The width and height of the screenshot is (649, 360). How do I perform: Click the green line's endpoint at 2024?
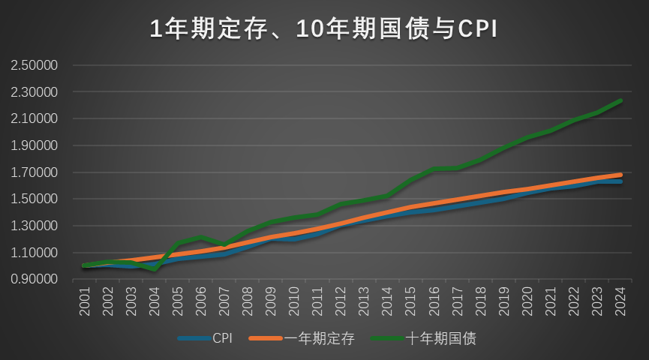pyautogui.click(x=620, y=100)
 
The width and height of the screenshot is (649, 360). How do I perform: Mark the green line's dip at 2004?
pyautogui.click(x=155, y=268)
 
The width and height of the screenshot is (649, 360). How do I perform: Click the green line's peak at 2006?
pyautogui.click(x=201, y=238)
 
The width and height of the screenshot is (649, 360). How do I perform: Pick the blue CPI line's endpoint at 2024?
pyautogui.click(x=620, y=182)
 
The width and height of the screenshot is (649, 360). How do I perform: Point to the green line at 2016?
pyautogui.click(x=434, y=169)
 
